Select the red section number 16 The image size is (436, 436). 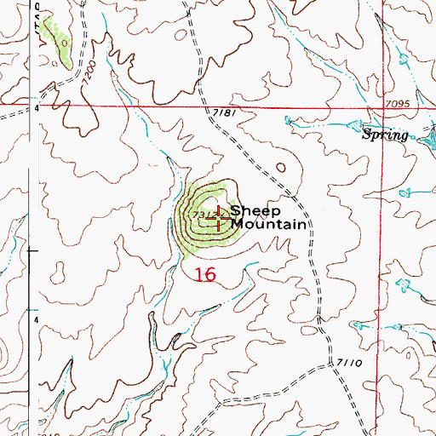pos(204,274)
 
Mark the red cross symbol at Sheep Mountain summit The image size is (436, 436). pos(218,220)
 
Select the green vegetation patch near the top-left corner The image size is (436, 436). pos(56,39)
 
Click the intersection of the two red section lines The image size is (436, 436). pos(376,106)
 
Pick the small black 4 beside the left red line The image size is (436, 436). pos(37,109)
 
